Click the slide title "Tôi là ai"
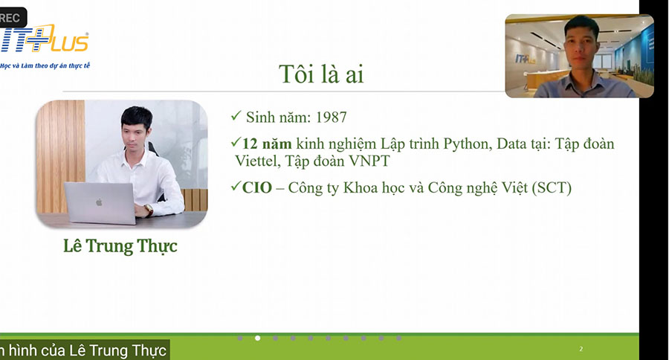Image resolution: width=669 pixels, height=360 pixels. [321, 74]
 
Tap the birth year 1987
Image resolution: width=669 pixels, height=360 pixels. [332, 118]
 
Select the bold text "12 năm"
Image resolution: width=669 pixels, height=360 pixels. [267, 144]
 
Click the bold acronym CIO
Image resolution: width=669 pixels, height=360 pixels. [257, 188]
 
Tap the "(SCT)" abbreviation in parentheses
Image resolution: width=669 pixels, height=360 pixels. [552, 188]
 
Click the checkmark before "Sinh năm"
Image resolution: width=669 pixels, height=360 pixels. [236, 116]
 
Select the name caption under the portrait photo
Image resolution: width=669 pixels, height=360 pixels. [120, 246]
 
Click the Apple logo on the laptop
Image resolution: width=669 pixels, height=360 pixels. [99, 202]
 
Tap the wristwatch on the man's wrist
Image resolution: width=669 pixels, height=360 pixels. [149, 210]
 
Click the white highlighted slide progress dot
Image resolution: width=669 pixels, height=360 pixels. [258, 338]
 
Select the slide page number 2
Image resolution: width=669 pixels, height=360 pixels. [581, 349]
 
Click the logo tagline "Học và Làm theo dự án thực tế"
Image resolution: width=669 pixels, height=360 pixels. [45, 65]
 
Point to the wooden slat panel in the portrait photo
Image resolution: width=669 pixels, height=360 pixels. [61, 156]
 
